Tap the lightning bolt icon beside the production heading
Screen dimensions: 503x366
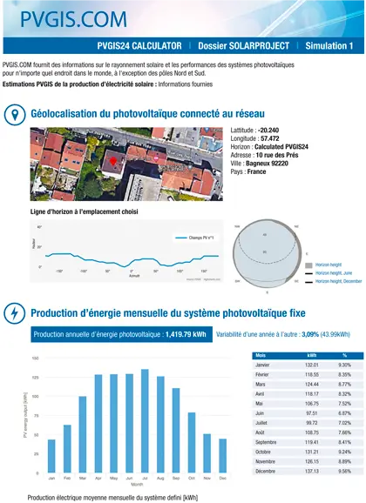(14, 313)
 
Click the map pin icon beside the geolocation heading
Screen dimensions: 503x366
(14, 114)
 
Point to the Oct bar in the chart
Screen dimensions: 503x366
(192, 442)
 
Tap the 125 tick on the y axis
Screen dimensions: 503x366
(35, 378)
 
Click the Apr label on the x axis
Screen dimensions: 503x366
(98, 479)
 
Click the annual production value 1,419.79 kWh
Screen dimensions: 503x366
(187, 333)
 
